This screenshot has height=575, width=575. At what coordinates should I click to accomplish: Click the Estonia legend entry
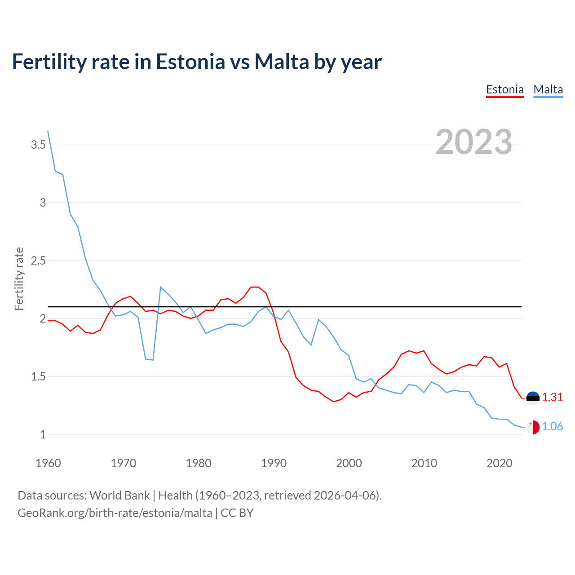(504, 89)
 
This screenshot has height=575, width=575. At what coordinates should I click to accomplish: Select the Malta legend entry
(548, 89)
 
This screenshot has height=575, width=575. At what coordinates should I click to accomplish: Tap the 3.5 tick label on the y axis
(38, 145)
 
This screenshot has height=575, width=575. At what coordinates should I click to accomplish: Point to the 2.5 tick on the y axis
(38, 261)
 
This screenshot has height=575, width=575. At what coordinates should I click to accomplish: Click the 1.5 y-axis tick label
(38, 376)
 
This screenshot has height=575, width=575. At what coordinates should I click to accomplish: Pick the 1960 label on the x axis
(48, 463)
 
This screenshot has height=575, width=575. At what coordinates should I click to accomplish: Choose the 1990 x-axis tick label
(274, 463)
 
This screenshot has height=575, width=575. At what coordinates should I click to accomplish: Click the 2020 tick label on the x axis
(499, 463)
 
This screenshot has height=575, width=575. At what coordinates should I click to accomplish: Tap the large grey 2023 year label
(473, 142)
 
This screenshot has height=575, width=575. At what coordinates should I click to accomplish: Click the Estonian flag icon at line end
(533, 398)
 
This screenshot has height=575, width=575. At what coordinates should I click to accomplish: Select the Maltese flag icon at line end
(533, 427)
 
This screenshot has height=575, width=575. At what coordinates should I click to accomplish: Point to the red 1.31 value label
(552, 398)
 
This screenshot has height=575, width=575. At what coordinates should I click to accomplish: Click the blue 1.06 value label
(552, 427)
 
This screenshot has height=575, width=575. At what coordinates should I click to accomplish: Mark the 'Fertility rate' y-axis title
(19, 279)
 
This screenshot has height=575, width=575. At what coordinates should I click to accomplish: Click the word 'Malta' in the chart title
(281, 62)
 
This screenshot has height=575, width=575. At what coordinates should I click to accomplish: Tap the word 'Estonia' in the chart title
(190, 62)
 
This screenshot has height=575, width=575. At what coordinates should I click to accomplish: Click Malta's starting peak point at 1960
(48, 131)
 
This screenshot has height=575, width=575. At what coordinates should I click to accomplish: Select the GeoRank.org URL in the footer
(115, 513)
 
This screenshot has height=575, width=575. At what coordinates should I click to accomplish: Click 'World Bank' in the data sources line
(119, 495)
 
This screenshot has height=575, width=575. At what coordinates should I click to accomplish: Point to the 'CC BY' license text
(237, 513)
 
